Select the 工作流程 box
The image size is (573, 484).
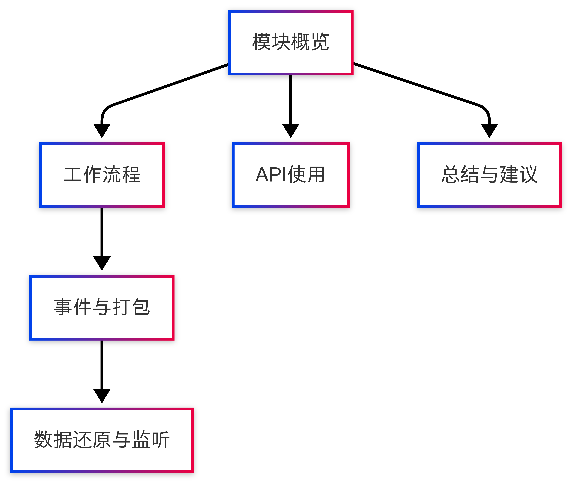(x=102, y=175)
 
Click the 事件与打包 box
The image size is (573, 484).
(x=102, y=308)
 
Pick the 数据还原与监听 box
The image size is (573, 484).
(x=102, y=440)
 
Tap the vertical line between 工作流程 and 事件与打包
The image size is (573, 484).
(x=102, y=231)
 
